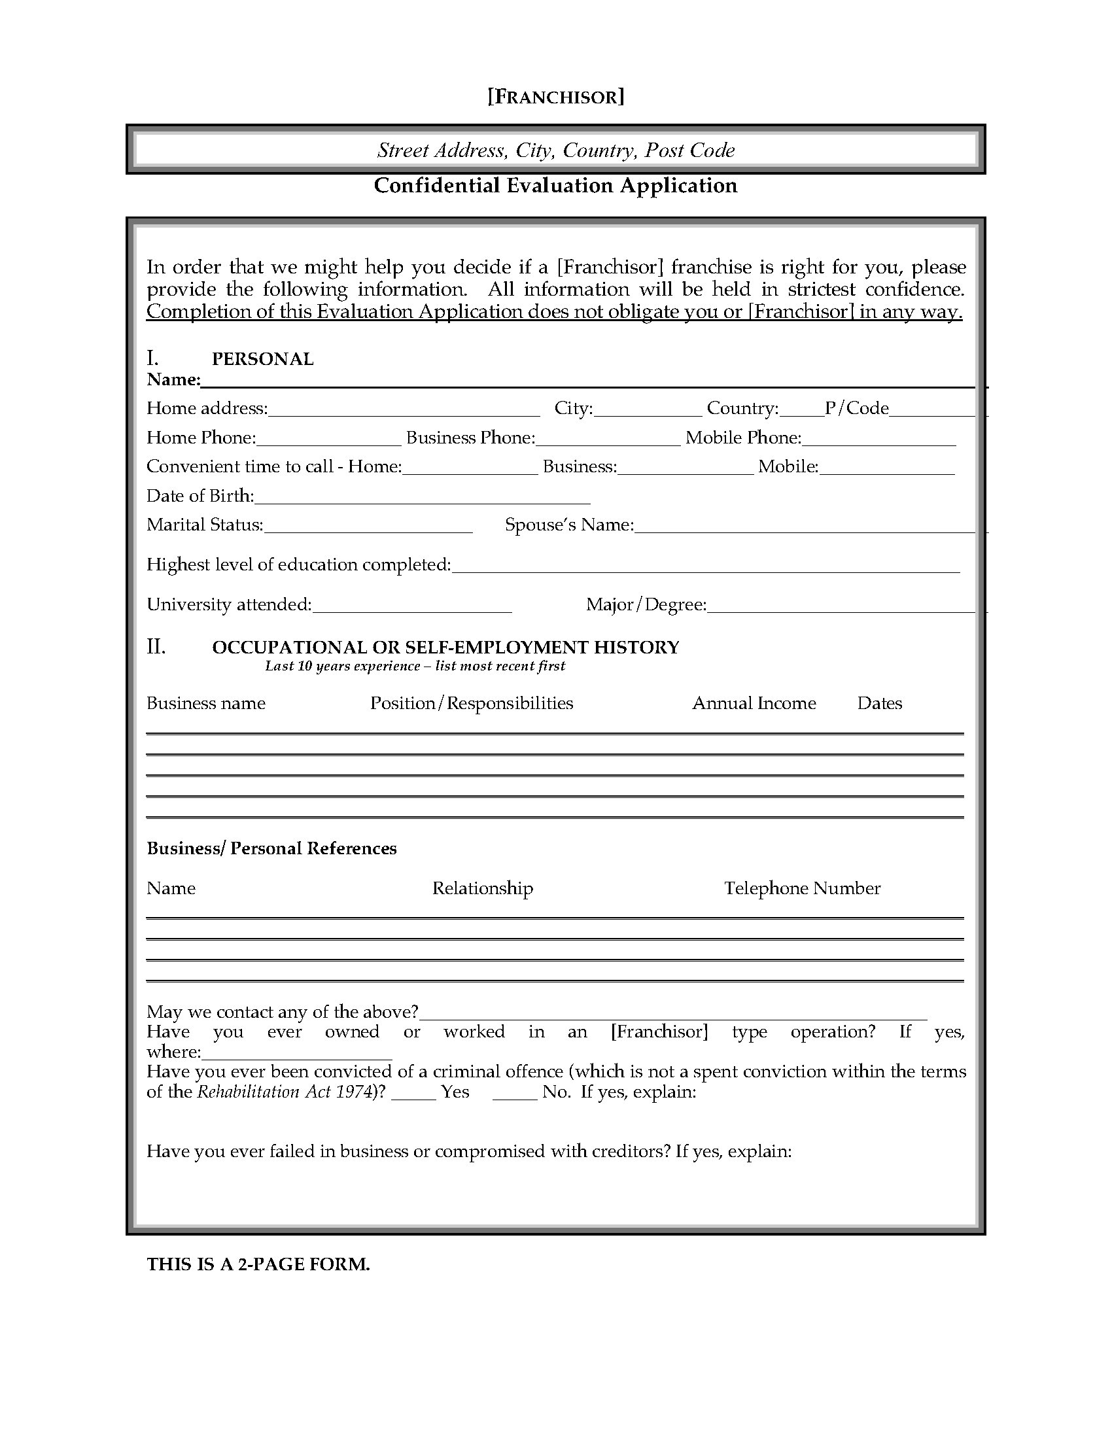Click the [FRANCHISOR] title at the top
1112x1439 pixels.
click(x=555, y=97)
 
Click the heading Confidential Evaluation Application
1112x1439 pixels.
click(x=555, y=186)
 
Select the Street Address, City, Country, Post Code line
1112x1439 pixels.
click(x=555, y=150)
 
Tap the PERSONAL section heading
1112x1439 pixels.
click(x=262, y=359)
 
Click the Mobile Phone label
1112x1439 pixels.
click(x=742, y=438)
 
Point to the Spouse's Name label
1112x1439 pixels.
click(x=569, y=525)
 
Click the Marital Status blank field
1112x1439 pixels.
click(x=368, y=527)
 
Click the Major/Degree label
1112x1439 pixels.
click(x=646, y=605)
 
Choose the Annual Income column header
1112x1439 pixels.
click(x=754, y=704)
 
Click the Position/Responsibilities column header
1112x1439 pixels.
click(x=472, y=704)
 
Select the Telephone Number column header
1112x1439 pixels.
click(x=802, y=889)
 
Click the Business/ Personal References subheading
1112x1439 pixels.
click(x=271, y=848)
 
